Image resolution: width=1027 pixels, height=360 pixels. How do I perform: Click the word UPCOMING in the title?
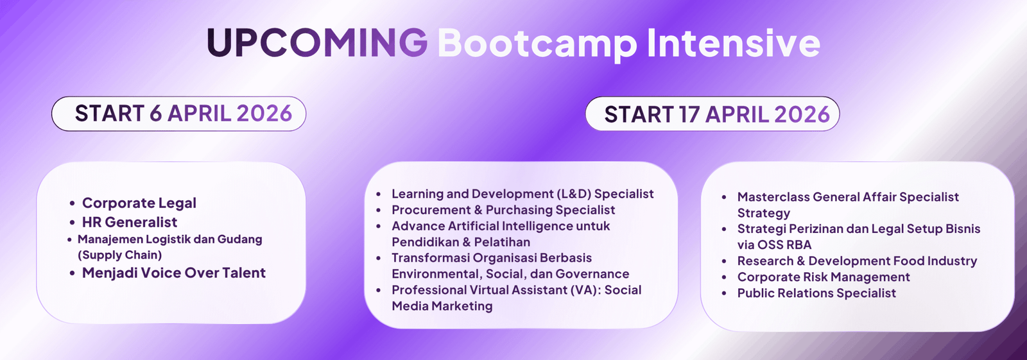click(317, 42)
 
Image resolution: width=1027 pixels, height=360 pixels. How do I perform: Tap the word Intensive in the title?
click(733, 42)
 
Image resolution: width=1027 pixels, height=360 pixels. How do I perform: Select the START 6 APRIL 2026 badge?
click(179, 114)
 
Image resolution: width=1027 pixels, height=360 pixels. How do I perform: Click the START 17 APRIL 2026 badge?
click(712, 114)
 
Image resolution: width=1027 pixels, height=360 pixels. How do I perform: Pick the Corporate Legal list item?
click(139, 203)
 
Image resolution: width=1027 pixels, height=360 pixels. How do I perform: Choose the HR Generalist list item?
click(129, 222)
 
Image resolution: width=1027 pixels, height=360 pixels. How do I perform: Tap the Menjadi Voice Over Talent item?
click(173, 273)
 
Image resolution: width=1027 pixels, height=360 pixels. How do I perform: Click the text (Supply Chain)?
click(119, 255)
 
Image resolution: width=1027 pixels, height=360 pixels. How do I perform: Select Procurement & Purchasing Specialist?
click(503, 210)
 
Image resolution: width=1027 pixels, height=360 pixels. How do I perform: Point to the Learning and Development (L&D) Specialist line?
click(522, 194)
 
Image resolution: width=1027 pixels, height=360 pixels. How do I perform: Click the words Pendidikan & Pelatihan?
click(461, 242)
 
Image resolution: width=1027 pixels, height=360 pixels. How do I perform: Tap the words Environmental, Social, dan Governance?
click(510, 274)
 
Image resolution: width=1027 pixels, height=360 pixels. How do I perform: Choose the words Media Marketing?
click(442, 306)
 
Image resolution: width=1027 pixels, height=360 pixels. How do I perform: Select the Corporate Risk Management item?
click(824, 277)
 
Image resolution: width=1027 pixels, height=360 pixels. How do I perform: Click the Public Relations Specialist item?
click(816, 293)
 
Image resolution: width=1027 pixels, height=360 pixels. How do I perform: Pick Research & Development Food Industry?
click(857, 261)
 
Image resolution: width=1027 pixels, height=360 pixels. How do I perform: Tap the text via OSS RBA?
click(774, 245)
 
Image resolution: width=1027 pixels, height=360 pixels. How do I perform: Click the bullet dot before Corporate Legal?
click(73, 204)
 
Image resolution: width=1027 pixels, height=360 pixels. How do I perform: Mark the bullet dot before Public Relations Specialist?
click(724, 294)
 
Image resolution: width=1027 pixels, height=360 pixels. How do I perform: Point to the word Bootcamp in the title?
click(537, 42)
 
